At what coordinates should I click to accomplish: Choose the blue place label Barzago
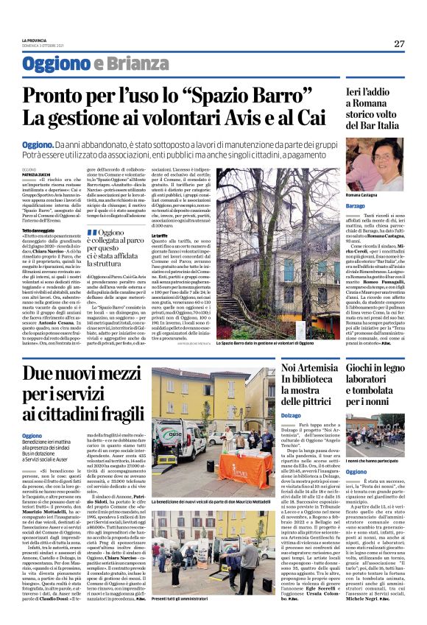tap(356, 205)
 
